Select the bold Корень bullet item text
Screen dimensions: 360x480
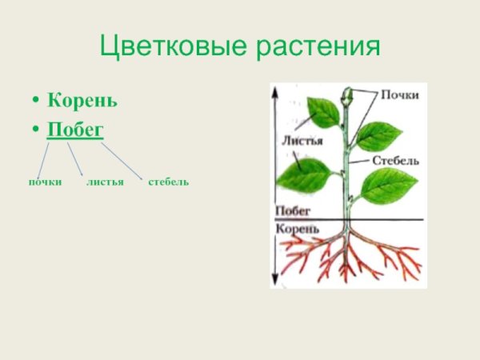(82, 102)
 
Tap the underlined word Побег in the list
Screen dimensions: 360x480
(75, 130)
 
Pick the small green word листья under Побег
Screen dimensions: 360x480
(105, 182)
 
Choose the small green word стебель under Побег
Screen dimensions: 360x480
(168, 182)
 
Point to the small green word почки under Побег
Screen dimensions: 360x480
(46, 182)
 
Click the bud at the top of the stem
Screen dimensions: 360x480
(346, 101)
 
